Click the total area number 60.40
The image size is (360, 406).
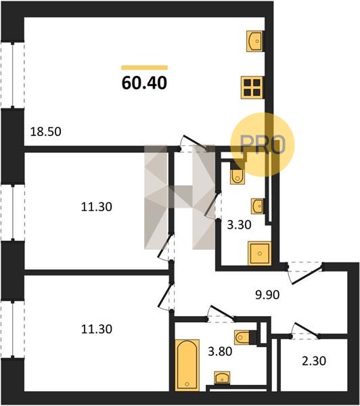pyautogui.click(x=144, y=83)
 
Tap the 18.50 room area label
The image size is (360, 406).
pyautogui.click(x=46, y=131)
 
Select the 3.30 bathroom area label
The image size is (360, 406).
pyautogui.click(x=239, y=225)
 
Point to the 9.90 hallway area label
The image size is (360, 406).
pyautogui.click(x=267, y=294)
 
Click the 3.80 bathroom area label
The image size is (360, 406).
pyautogui.click(x=220, y=352)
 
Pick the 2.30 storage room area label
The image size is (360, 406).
pyautogui.click(x=314, y=361)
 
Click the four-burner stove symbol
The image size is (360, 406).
pyautogui.click(x=252, y=87)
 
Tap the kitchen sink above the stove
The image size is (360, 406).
pyautogui.click(x=254, y=41)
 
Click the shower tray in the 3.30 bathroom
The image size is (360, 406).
pyautogui.click(x=259, y=253)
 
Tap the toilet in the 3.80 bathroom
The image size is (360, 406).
pyautogui.click(x=242, y=338)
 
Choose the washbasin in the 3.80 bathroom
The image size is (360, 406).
pyautogui.click(x=222, y=378)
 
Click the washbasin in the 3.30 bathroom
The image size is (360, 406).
pyautogui.click(x=258, y=206)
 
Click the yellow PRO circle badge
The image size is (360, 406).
pyautogui.click(x=263, y=145)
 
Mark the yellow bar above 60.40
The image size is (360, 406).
pyautogui.click(x=145, y=68)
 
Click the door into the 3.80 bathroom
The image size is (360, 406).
pyautogui.click(x=221, y=314)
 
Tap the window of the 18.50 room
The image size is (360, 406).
pyautogui.click(x=12, y=75)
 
